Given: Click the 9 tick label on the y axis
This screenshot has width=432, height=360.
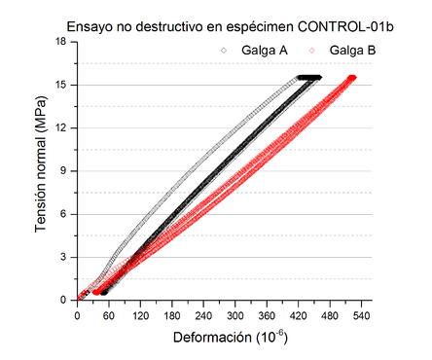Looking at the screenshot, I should point(62,171).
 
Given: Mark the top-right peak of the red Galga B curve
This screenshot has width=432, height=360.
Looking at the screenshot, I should point(352,78).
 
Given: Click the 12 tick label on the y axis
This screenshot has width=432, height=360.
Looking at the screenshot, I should point(59,127).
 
